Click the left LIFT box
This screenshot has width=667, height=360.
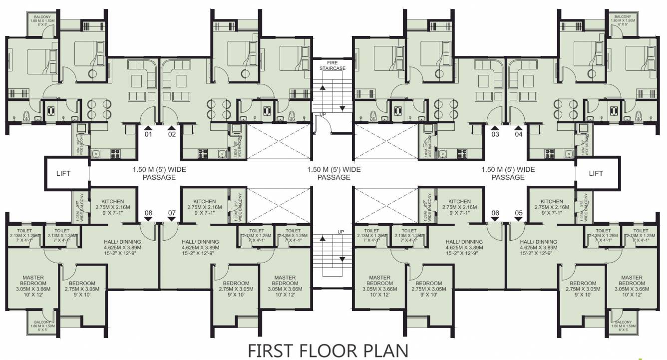63,173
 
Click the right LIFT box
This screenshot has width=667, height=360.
596,173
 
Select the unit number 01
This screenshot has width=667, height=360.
148,134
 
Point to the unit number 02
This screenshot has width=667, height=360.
172,134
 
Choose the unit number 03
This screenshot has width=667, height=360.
495,134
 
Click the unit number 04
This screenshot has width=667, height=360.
519,134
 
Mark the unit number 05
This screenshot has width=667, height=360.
519,213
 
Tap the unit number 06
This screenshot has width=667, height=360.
495,213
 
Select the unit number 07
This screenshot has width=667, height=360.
172,213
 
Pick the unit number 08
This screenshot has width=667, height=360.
148,213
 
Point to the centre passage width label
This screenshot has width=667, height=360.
333,173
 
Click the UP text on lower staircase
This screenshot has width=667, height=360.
341,232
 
